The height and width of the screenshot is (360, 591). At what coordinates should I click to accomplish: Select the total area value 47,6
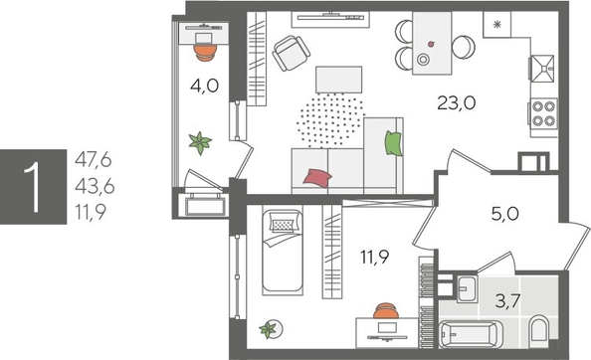[x=94, y=157]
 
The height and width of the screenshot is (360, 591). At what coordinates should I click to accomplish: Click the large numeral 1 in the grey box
[x=35, y=184]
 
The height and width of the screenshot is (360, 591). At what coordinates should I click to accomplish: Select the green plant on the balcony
[x=203, y=142]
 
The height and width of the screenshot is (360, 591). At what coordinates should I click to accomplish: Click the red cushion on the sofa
[x=316, y=178]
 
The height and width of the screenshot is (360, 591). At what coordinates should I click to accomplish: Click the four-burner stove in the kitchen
[x=543, y=112]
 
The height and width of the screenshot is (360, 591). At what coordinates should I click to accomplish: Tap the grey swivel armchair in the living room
[x=290, y=54]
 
